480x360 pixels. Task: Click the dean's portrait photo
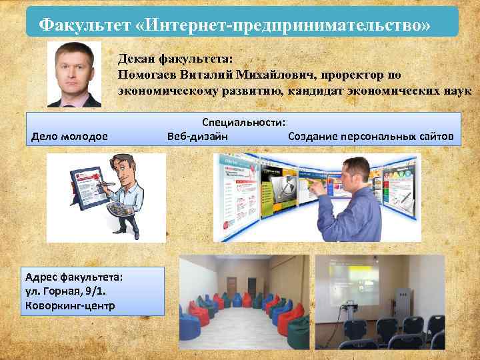coord(75,74)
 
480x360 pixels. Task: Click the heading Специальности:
coord(244,123)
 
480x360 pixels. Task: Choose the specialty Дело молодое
coord(69,137)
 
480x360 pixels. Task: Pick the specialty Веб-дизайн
coord(197,137)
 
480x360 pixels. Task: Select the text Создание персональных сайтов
coord(371,137)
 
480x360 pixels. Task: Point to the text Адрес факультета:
coord(69,277)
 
